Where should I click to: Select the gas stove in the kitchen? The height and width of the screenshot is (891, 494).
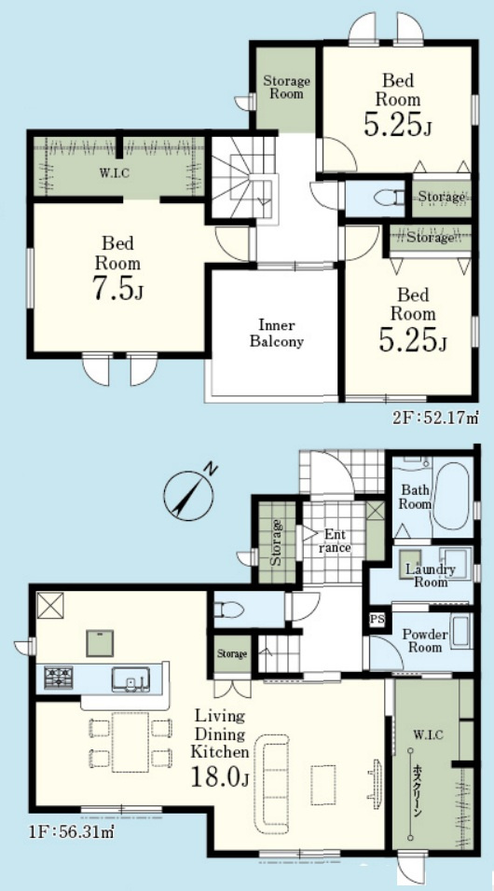58,678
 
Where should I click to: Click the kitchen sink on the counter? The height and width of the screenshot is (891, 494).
130,679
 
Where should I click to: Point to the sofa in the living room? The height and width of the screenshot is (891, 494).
272,784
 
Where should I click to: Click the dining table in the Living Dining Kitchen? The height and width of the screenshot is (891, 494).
130,742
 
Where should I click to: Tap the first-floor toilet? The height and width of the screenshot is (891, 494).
228,610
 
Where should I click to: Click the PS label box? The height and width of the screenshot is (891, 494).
377,618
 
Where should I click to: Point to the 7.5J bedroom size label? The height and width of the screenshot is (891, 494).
117,289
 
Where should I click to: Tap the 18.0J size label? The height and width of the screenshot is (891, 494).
220,777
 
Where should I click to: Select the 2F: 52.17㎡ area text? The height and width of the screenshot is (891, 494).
435,418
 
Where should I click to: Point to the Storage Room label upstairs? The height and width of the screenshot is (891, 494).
286,88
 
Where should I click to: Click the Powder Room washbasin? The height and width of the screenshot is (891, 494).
460,630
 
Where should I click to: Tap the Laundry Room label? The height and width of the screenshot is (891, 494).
430,576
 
